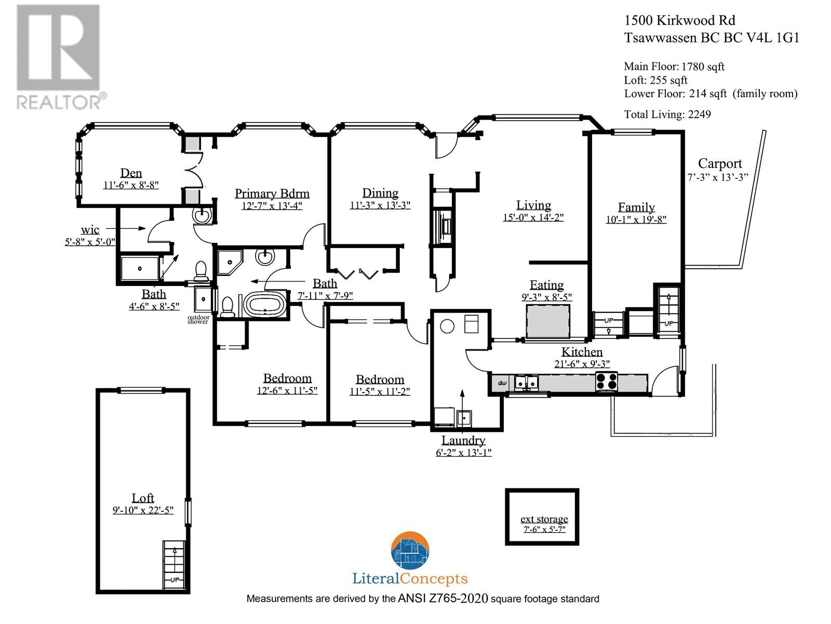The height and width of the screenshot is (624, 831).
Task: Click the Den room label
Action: pos(131,173)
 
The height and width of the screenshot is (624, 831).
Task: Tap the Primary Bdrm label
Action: pos(272,193)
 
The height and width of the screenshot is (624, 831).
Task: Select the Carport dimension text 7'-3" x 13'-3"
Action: pos(718,177)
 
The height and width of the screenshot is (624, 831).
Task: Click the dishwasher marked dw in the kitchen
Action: pos(502,383)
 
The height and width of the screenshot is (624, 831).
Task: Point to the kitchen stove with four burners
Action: pos(607,381)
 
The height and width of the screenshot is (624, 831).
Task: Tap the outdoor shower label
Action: pos(198,319)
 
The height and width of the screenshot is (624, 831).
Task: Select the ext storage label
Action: pos(544,518)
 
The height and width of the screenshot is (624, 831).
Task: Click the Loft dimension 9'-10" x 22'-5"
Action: pos(143,510)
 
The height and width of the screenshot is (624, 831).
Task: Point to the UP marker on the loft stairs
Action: pos(175,580)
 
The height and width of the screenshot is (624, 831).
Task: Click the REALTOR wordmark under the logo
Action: pos(59,102)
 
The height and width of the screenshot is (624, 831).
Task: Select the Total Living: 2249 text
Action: pos(667,114)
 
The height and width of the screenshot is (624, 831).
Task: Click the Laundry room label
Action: pos(463,440)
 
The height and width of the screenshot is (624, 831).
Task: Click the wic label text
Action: pos(90,230)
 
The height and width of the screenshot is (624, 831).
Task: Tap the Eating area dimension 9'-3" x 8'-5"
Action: pos(547,297)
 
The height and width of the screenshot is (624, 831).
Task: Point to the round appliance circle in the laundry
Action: pos(447,326)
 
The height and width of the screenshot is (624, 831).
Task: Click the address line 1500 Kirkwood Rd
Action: pos(679,20)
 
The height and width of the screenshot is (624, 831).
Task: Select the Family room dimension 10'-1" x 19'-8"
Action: pos(636,219)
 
